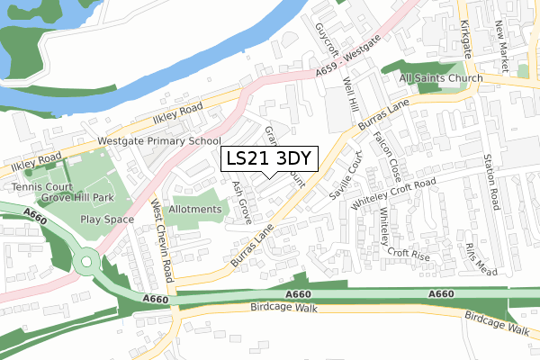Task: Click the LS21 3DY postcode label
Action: (x=268, y=158)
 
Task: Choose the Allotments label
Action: (x=195, y=209)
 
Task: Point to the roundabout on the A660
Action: (x=87, y=264)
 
